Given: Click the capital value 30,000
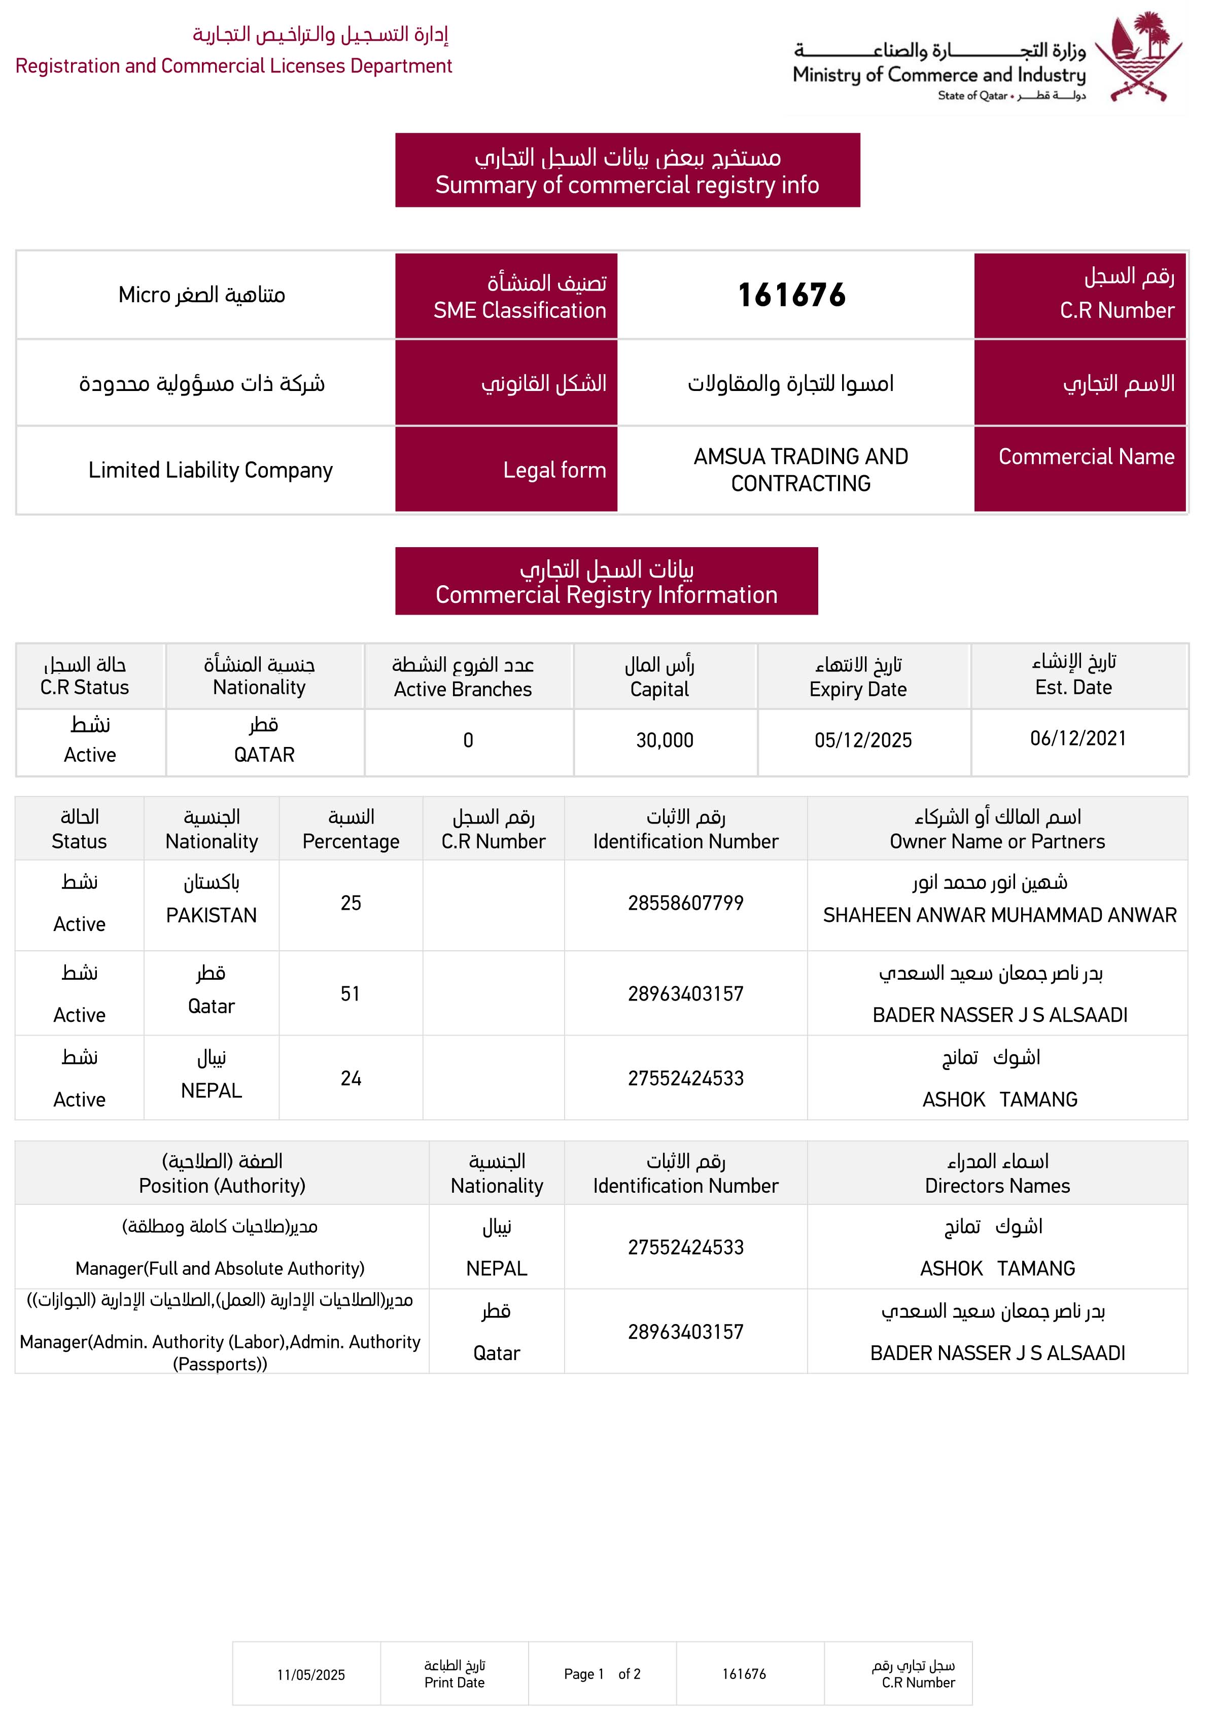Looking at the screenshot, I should point(665,740).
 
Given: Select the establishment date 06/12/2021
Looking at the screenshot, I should point(1078,738).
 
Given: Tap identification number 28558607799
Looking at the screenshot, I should point(685,903).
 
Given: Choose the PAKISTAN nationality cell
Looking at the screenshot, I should point(211,915).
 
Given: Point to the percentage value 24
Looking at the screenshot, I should point(351,1078).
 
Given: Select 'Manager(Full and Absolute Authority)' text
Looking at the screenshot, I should point(220,1268).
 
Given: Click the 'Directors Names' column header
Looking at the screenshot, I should point(997,1186).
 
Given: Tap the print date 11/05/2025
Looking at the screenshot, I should point(311,1675).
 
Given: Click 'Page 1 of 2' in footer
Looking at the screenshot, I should point(602,1674).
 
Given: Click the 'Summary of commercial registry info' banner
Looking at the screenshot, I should point(627,185).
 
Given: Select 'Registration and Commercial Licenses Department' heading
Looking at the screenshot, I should point(233,66).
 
